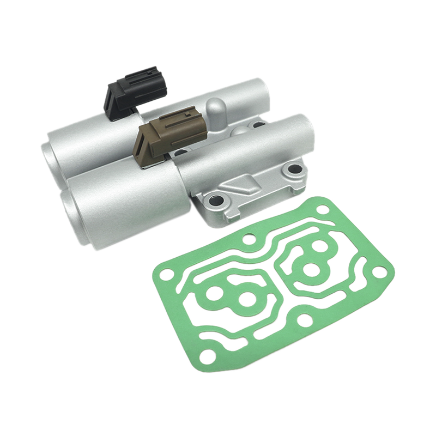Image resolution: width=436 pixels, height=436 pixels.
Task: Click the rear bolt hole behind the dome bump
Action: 256,124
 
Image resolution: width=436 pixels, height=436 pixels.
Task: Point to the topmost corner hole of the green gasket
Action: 323,209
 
